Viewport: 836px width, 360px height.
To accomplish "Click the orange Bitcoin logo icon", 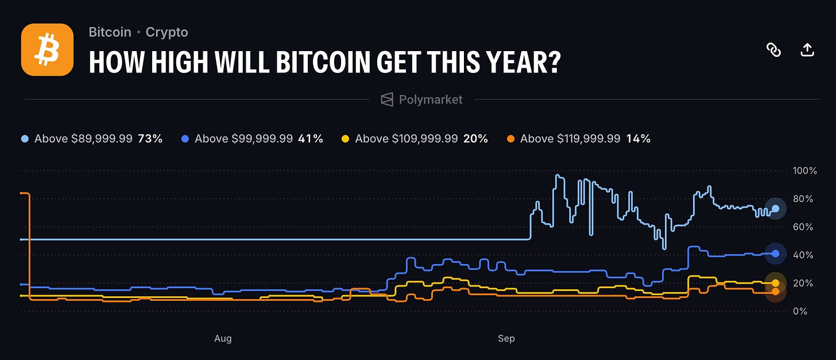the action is click(x=47, y=49).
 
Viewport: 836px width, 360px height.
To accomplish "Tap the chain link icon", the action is click(x=773, y=49).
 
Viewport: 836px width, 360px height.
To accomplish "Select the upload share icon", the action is click(x=807, y=49).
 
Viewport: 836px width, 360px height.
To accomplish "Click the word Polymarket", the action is click(x=430, y=99).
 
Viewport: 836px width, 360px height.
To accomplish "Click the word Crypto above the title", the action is click(x=167, y=33).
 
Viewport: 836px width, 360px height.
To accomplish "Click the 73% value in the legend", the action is click(x=150, y=139).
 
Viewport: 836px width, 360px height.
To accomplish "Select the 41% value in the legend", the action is click(x=311, y=139).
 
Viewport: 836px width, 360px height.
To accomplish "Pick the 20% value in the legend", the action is click(x=475, y=139).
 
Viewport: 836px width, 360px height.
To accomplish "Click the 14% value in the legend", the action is click(x=638, y=139).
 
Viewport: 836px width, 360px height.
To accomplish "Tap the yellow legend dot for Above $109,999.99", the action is click(x=345, y=139).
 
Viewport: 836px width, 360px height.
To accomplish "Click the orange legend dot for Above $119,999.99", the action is click(x=510, y=139).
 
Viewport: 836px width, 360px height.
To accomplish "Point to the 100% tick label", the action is click(x=804, y=171).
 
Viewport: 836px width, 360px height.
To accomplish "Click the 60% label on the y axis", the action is click(x=803, y=227).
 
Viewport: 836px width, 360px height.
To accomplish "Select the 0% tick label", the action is click(x=800, y=311).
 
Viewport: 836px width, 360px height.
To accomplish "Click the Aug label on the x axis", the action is click(x=223, y=339).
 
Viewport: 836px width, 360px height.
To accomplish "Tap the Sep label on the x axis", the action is click(x=506, y=339).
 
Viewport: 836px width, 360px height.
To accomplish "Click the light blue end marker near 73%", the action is click(x=776, y=208).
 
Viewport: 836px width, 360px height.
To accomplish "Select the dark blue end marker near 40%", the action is click(x=776, y=254).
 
